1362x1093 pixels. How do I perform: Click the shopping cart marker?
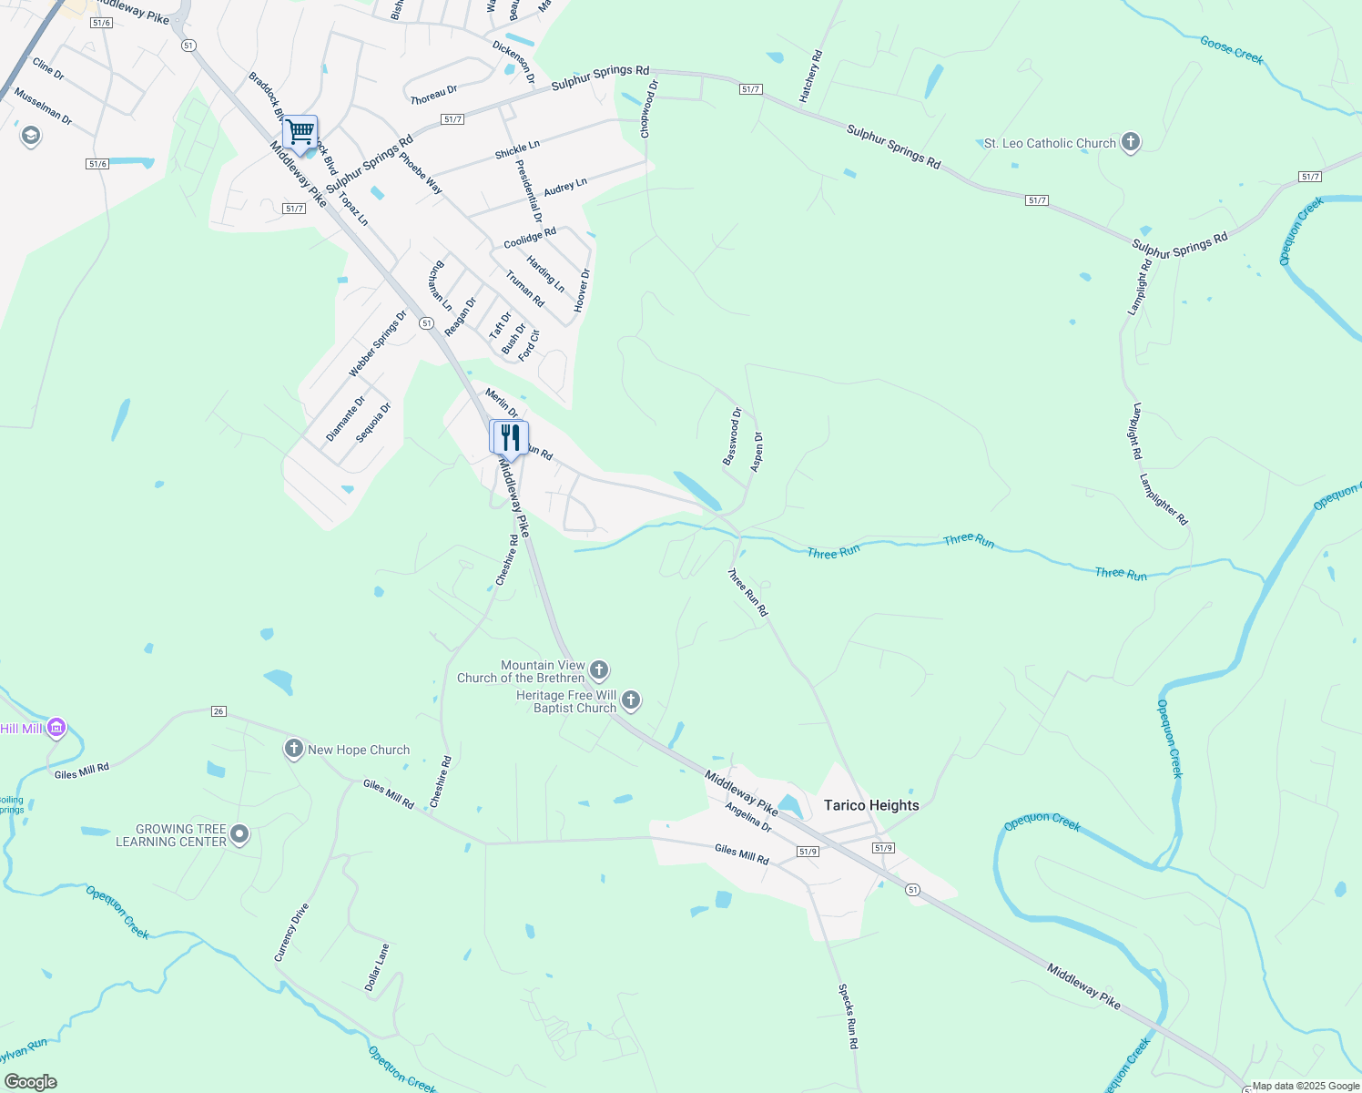pos(300,133)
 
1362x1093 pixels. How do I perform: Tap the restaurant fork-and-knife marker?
pos(509,438)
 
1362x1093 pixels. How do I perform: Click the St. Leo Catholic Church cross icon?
pos(1131,143)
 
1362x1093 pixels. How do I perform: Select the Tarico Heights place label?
pos(871,805)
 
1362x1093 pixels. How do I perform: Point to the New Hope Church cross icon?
pos(293,750)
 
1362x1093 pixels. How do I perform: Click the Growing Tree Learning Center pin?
pos(239,834)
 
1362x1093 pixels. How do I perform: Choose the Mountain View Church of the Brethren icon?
pos(599,671)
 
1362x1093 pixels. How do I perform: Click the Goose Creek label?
pos(1232,50)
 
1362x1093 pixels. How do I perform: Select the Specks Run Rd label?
pos(849,1016)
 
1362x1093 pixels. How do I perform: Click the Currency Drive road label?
pos(292,932)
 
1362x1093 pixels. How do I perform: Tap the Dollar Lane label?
pos(377,967)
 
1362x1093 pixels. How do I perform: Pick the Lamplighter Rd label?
pos(1163,499)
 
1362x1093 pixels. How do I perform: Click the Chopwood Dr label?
pos(648,109)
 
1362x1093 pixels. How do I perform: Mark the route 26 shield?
pos(218,710)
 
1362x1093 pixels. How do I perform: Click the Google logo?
pos(30,1082)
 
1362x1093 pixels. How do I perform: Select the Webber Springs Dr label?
pos(378,344)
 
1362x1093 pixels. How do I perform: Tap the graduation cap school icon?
pos(30,137)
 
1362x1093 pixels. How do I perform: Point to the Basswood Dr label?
pos(732,437)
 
